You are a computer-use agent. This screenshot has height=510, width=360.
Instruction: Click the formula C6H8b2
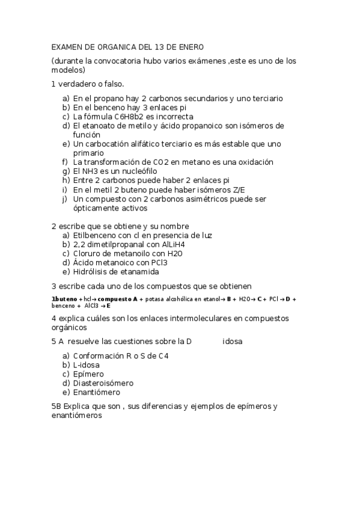tap(129, 117)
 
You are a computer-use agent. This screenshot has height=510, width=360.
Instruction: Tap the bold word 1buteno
tap(64, 299)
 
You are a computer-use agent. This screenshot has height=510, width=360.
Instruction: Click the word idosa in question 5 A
tap(233, 342)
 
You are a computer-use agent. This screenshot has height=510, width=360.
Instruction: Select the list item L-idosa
tap(87, 365)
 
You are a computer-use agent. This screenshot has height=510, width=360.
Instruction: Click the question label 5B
tap(56, 407)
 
